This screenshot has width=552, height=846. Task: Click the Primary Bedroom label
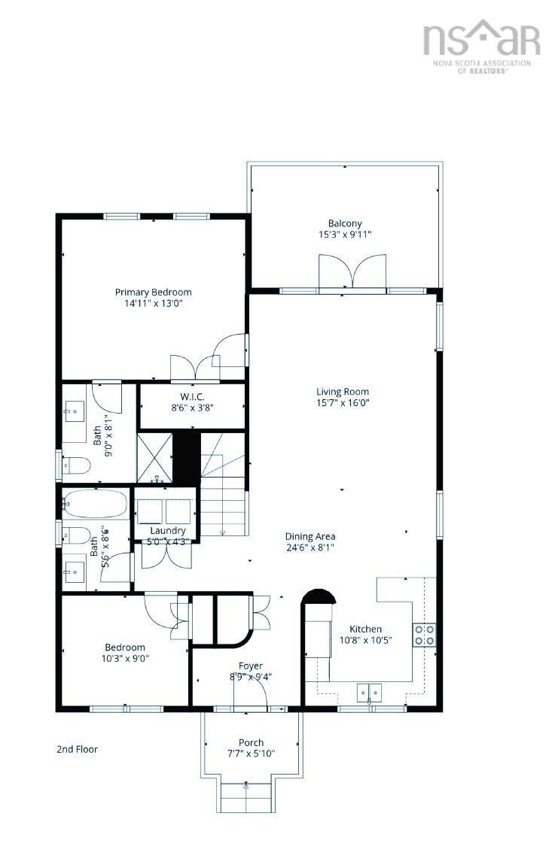coord(153,292)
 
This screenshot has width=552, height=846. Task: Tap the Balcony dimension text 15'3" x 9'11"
coord(345,235)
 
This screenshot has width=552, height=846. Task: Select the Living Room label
coord(342,391)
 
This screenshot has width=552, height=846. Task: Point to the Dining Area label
coord(310,536)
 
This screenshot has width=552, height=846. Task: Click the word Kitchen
coord(364,629)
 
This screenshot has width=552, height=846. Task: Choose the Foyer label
coord(250,666)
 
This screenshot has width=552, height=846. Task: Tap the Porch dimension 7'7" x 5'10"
coord(251,753)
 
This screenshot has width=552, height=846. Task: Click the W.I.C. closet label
coord(193,396)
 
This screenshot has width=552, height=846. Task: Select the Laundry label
coord(167,530)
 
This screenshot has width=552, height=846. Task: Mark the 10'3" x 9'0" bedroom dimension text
coord(125,657)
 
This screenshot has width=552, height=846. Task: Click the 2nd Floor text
coord(77,749)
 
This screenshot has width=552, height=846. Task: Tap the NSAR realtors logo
coord(481,45)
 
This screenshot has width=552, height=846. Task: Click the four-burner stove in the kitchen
coord(423,635)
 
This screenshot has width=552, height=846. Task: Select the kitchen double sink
coord(369,691)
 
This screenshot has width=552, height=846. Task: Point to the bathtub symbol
coord(95,504)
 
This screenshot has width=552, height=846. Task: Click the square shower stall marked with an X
coord(154,456)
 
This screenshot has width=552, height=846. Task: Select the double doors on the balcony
coord(352,271)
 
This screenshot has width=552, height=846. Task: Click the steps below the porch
coord(246,796)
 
